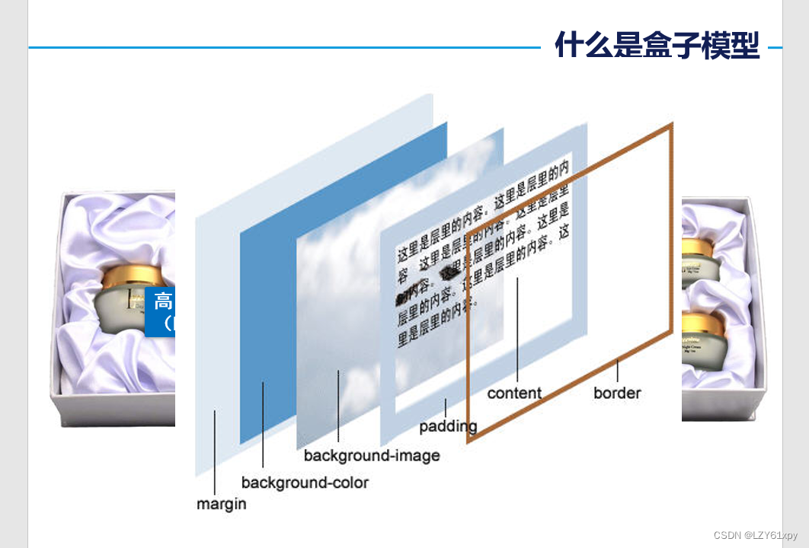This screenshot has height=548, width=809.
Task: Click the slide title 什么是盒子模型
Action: pos(657,46)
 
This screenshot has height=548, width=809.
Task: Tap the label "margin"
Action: pos(222,504)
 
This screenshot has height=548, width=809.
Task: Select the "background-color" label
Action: pos(305,483)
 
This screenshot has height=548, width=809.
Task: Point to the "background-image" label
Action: pos(372,456)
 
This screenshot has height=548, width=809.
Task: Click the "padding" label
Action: pos(448,426)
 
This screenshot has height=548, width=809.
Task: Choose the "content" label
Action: pos(514,393)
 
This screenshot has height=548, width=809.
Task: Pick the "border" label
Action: pos(617,393)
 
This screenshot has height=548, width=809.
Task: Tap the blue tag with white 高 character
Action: pos(161,311)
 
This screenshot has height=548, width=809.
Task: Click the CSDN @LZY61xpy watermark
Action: pos(755,535)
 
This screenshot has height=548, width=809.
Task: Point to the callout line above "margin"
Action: pos(215,453)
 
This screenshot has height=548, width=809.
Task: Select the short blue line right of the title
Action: pos(775,47)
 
